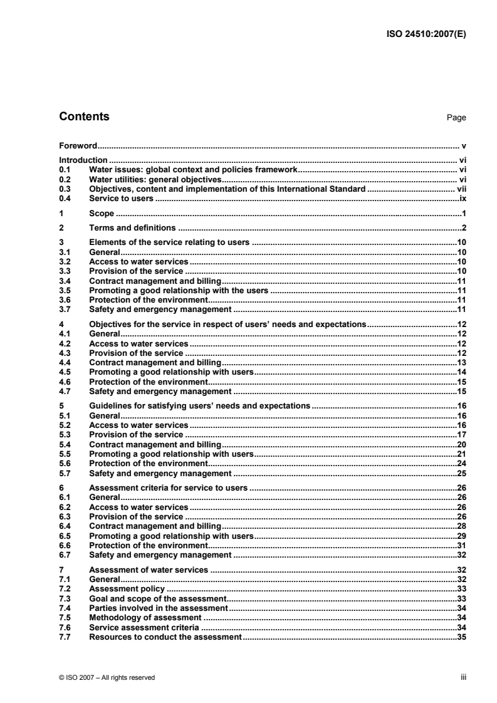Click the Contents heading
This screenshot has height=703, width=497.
click(84, 117)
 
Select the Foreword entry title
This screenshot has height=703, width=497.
click(77, 145)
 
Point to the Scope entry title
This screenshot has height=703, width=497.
click(102, 214)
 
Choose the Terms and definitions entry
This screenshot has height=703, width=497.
click(133, 227)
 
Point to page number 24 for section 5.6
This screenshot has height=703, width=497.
click(461, 464)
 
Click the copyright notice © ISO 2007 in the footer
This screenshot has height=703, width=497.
click(107, 677)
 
